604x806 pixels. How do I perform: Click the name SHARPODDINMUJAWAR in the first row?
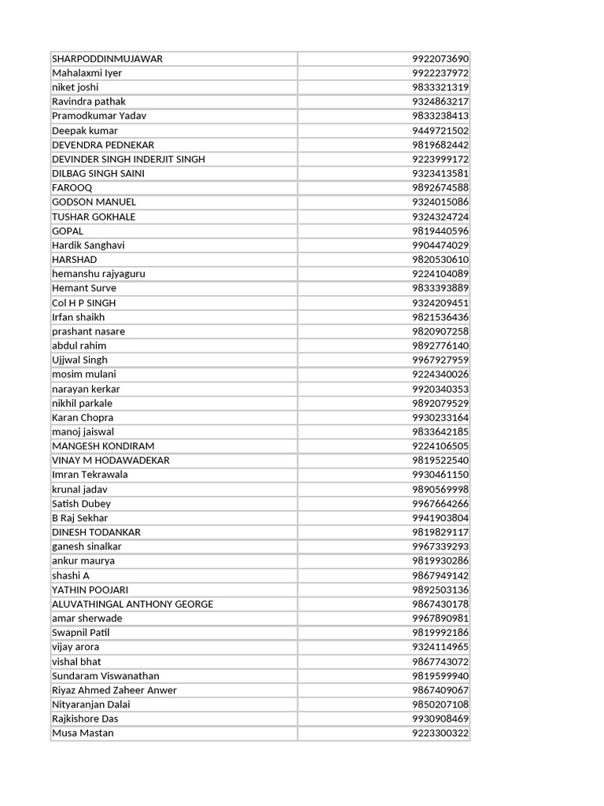pos(107,59)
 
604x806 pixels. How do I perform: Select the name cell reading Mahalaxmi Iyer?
pos(87,73)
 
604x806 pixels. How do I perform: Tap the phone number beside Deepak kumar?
pos(440,131)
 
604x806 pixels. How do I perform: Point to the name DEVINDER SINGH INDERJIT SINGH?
pos(128,159)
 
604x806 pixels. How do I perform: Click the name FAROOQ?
pos(72,187)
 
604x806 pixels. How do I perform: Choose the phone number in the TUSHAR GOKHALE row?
pos(440,216)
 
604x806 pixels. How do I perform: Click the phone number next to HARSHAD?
pos(440,260)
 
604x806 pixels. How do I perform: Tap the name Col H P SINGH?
pos(83,302)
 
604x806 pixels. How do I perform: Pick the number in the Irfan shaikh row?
pos(440,317)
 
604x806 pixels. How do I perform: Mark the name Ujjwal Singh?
pos(79,360)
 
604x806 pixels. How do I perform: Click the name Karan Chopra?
pos(83,417)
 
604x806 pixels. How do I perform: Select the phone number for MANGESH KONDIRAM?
pos(440,446)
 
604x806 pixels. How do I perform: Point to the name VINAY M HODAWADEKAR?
pos(110,460)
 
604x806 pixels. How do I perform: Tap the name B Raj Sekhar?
pos(79,518)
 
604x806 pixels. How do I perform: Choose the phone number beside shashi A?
pos(440,575)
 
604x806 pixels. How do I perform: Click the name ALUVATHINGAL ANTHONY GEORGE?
pos(132,604)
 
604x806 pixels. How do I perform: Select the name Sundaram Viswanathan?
pos(105,675)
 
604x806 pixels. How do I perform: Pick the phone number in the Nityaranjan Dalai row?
pos(440,704)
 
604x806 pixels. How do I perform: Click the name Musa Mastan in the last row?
pos(83,733)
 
